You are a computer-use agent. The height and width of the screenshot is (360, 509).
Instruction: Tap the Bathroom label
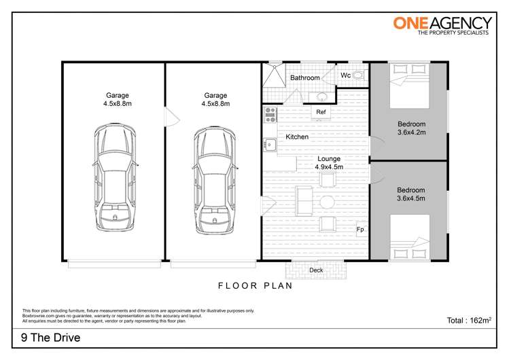(304, 78)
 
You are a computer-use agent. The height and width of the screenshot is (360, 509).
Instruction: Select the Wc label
(345, 75)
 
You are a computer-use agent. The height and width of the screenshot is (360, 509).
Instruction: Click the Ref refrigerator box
(321, 112)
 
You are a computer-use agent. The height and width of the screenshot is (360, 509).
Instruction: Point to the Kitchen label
(297, 137)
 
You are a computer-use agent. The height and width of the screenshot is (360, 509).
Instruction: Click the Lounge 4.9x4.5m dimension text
(328, 166)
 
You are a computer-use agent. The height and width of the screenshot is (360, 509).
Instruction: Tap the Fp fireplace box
(361, 230)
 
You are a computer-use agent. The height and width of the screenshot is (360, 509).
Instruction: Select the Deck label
(316, 270)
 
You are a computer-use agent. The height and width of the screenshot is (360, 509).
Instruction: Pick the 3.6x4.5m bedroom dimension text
(411, 199)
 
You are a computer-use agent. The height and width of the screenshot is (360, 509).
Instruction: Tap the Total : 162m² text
(468, 319)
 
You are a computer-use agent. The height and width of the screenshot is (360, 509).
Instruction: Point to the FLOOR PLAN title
(255, 286)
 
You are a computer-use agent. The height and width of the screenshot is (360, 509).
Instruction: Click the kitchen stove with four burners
(270, 113)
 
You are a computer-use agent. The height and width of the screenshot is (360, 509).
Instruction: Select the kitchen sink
(270, 144)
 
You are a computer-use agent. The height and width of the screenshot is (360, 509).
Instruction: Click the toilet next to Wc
(358, 75)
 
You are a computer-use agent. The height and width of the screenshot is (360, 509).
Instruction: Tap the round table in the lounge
(328, 202)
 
